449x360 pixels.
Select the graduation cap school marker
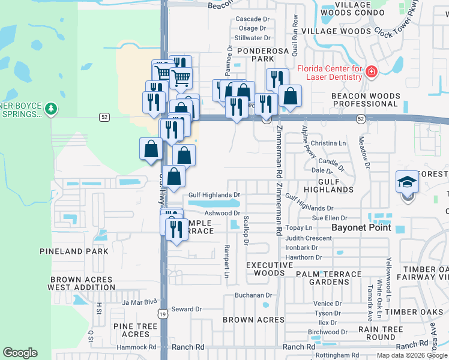point(406,181)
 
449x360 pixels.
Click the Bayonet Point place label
point(362,228)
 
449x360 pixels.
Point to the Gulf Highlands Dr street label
point(214,195)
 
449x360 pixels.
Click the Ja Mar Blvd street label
point(139,302)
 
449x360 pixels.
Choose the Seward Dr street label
point(186,310)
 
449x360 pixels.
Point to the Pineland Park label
point(74,251)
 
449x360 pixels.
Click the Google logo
point(19,353)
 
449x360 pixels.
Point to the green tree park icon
point(52,109)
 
